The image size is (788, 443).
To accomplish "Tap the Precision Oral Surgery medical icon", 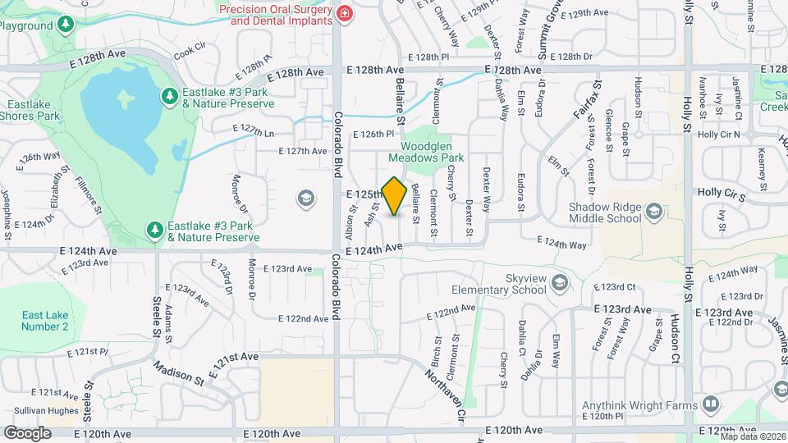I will (x=345, y=14).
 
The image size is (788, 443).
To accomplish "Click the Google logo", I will (x=28, y=432).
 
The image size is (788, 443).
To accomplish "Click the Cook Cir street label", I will (x=188, y=49).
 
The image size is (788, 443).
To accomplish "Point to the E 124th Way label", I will (x=562, y=244).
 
